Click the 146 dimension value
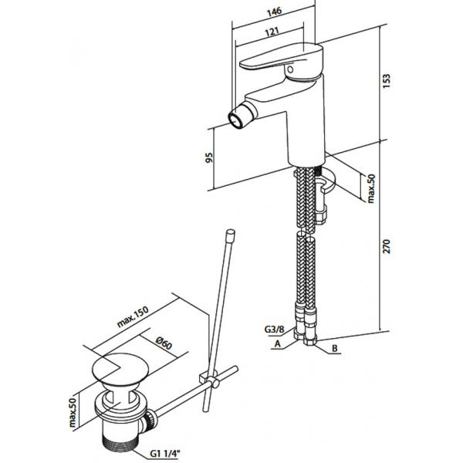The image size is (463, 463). [x=275, y=12]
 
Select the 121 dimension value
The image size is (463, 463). [x=272, y=32]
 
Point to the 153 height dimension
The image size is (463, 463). [x=386, y=80]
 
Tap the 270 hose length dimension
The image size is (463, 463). [x=386, y=246]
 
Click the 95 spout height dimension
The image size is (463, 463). [x=209, y=157]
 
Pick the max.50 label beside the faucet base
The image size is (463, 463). [x=371, y=188]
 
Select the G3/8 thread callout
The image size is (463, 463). [x=274, y=329]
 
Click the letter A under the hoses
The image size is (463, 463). [x=277, y=343]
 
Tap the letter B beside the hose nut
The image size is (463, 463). [x=335, y=349]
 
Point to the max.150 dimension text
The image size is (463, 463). [x=133, y=317]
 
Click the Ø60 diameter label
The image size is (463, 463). [x=164, y=343]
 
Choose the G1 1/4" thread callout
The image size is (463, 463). [x=164, y=453]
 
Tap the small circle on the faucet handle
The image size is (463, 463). [x=290, y=69]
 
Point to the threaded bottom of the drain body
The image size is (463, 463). [x=120, y=444]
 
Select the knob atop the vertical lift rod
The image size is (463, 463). [x=230, y=235]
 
